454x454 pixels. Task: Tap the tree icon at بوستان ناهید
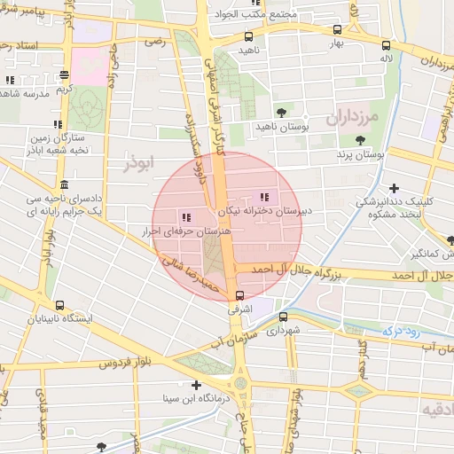point(281,112)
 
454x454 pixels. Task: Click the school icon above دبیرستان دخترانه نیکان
point(263,197)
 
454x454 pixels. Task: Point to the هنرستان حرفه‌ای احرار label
point(192,231)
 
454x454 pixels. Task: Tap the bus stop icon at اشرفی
point(240,296)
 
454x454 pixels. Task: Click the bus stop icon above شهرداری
point(283,317)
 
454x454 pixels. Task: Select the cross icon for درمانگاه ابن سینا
point(197,385)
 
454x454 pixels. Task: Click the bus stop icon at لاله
point(386,45)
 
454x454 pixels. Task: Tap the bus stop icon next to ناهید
point(248,37)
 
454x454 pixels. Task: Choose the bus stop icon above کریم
point(62,76)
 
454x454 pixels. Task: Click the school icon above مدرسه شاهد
point(11,80)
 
